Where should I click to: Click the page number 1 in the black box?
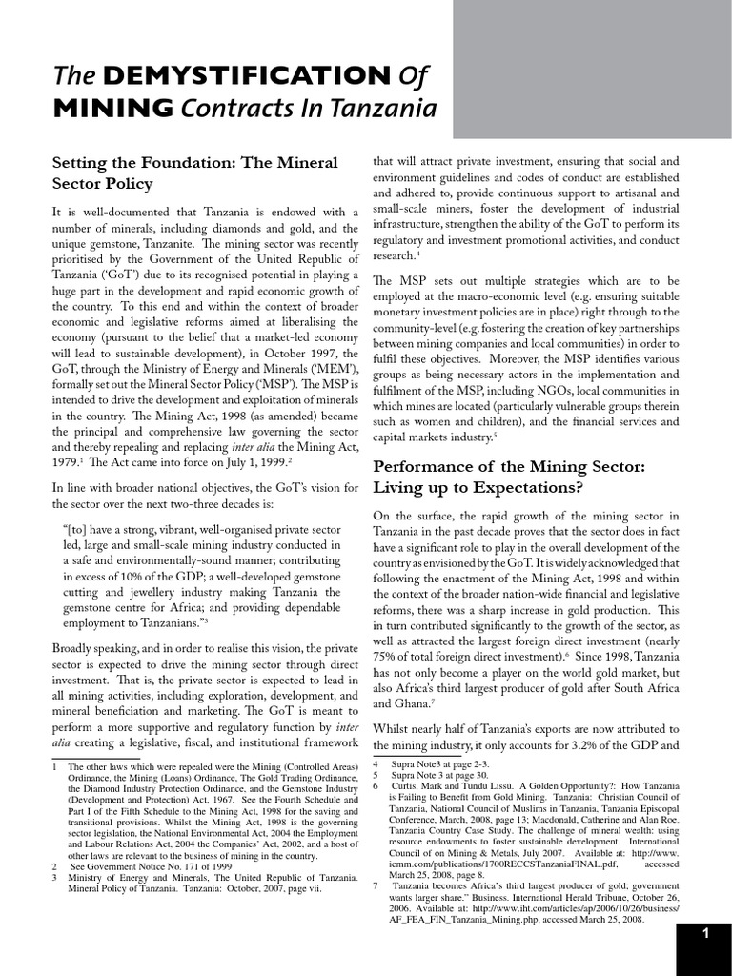(x=704, y=934)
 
